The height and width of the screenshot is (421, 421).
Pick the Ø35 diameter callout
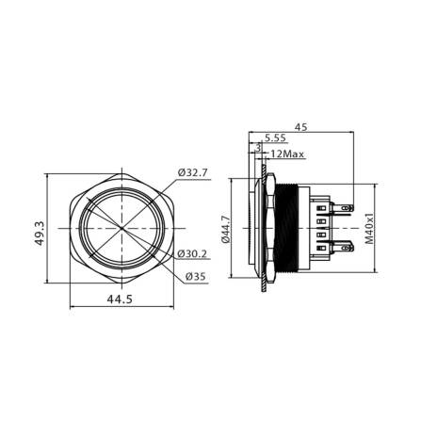coord(195,276)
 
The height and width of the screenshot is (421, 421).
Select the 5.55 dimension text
coord(277,138)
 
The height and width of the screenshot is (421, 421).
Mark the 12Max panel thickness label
coord(286,154)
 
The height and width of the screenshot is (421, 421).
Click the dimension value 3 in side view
coord(257,146)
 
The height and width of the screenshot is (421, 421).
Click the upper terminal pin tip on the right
coord(350,211)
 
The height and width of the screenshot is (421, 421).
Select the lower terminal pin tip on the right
coord(350,247)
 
